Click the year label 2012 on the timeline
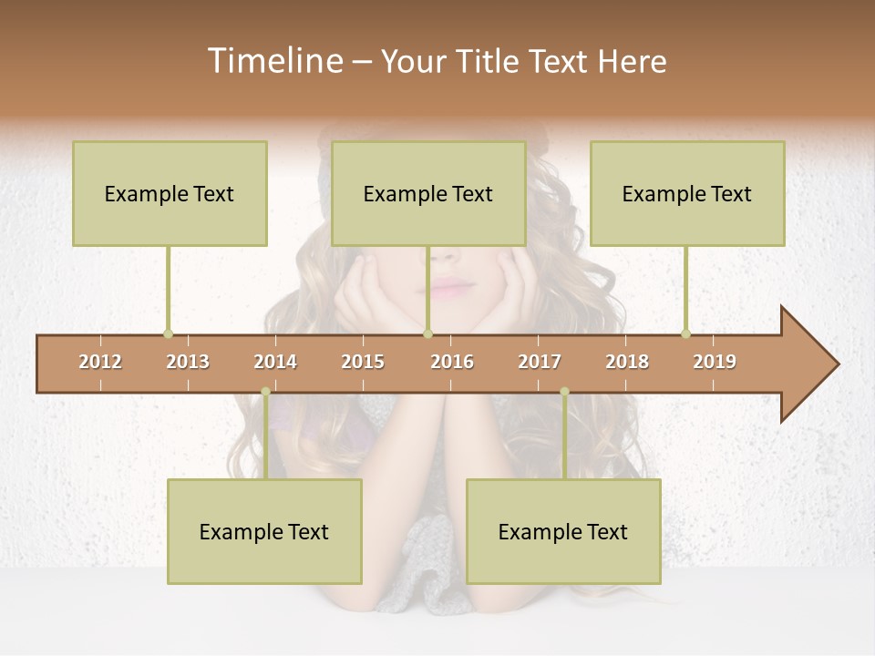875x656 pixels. (x=100, y=362)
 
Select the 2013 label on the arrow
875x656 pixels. (x=188, y=362)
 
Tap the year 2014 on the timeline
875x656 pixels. (x=275, y=362)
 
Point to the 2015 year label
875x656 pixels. (x=363, y=362)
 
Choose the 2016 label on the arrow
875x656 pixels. (x=452, y=362)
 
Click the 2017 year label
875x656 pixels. (x=540, y=362)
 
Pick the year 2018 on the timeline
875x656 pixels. (x=627, y=362)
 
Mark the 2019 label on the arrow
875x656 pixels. (x=715, y=362)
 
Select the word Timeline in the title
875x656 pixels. (x=273, y=61)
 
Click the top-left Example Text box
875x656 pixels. (x=170, y=193)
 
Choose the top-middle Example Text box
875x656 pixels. (x=428, y=193)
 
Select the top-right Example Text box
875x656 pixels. (x=687, y=193)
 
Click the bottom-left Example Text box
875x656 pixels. (x=264, y=531)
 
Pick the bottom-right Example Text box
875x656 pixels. (x=563, y=531)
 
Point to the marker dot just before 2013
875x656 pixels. (x=168, y=334)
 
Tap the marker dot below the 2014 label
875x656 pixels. (x=265, y=392)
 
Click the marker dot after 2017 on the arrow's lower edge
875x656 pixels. (x=564, y=392)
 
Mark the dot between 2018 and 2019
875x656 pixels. (x=685, y=334)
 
